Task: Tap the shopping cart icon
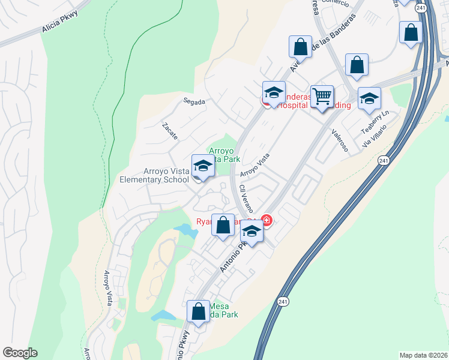[x=322, y=97]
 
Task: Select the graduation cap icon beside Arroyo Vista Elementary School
[x=203, y=167]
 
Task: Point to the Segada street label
[x=195, y=102]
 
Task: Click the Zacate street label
[x=170, y=131]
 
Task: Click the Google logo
[x=20, y=353]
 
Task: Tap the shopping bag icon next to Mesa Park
[x=198, y=311]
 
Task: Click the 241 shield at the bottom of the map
[x=283, y=301]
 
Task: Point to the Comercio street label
[x=336, y=3]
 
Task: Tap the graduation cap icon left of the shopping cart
[x=274, y=93]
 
